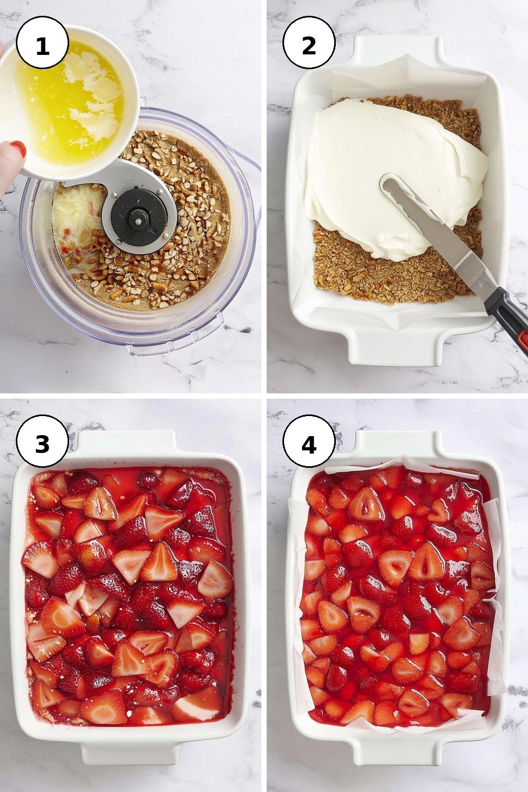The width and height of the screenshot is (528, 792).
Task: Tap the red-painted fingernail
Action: coord(17,148)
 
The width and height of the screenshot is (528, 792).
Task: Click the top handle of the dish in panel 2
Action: coord(400,51)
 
